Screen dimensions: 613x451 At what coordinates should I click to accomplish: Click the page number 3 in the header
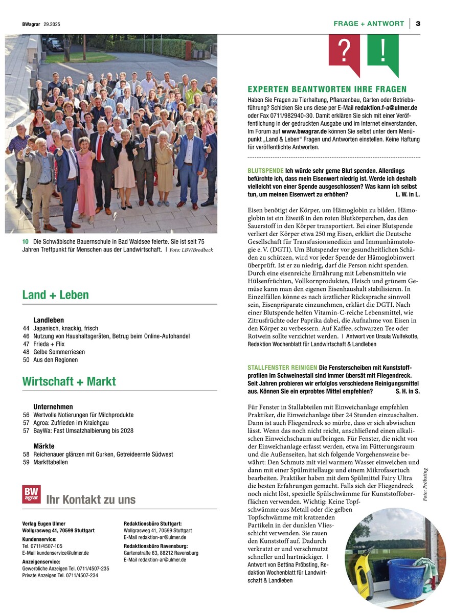coord(418,24)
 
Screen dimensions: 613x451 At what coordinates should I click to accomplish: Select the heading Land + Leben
coord(55,295)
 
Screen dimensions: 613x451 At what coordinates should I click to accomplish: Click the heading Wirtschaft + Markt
coord(69,381)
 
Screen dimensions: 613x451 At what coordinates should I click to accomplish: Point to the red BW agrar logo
coord(31,494)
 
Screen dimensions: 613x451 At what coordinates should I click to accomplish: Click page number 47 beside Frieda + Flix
coord(26,344)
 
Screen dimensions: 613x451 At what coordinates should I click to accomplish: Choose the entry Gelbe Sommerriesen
coord(59,352)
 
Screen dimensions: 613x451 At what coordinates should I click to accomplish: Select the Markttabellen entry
coord(51,462)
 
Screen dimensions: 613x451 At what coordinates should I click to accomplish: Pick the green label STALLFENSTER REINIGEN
coord(282,367)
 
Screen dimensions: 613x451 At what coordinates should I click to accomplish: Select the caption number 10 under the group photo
coord(26,241)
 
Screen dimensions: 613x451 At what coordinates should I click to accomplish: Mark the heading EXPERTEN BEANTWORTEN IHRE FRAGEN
coord(327,89)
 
